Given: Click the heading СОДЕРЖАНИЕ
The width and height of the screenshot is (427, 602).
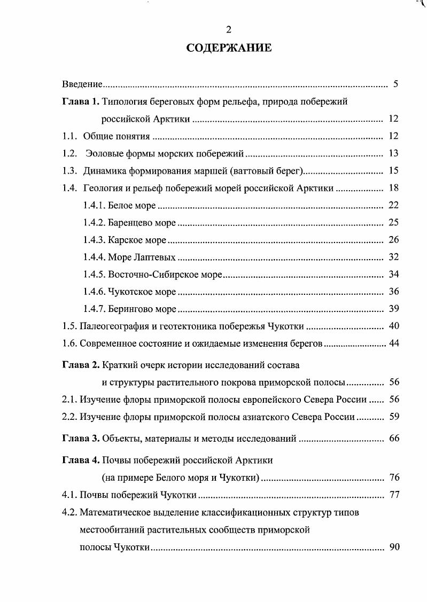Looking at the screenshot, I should tap(229, 49).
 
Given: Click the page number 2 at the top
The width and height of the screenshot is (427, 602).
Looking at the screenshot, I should tap(229, 30).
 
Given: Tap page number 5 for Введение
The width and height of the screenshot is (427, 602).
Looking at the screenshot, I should tap(395, 84).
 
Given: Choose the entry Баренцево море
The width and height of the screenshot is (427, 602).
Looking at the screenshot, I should tap(142, 222).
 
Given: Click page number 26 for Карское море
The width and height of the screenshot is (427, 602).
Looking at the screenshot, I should tap(394, 239).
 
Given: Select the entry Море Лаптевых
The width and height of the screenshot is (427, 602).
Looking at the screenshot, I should tap(142, 257).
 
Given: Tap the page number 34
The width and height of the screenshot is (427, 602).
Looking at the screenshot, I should tap(394, 275).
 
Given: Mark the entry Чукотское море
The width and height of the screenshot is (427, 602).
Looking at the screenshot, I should tap(142, 292).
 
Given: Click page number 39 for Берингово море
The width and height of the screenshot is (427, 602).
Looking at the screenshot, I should tap(394, 309).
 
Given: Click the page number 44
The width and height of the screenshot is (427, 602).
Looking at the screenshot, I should tap(394, 343).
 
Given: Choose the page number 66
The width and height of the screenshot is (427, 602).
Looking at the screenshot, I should tap(394, 439).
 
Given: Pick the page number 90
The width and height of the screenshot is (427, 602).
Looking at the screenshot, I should tap(394, 548).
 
